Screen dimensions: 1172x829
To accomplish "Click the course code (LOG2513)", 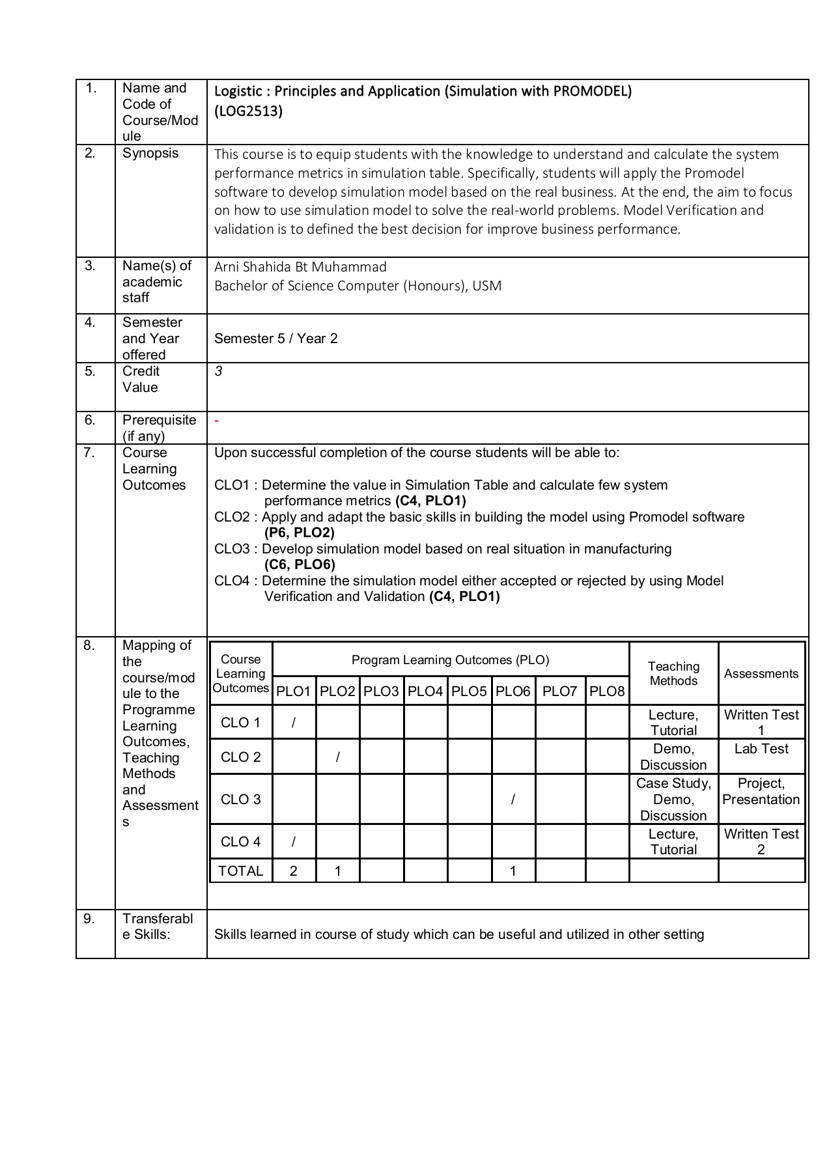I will coord(248,111).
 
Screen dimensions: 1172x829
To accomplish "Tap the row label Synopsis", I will coord(150,153).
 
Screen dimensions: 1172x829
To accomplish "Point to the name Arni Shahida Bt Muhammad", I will coord(300,267).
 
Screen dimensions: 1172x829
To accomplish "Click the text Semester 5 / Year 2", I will coord(275,339).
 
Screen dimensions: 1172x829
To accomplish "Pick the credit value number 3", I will coord(219,371).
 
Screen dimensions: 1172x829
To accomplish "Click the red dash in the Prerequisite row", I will coord(217,421).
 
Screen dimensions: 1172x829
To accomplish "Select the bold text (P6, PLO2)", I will coord(300,533).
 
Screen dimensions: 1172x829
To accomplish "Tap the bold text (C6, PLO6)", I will coord(300,565).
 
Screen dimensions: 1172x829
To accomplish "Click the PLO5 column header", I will coord(469,691).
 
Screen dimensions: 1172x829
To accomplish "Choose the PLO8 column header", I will coord(607,691).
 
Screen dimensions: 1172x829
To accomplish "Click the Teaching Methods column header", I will coord(673,673).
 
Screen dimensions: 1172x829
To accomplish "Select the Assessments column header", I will coord(761,674).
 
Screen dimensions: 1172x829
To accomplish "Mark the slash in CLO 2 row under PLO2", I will coord(337,757).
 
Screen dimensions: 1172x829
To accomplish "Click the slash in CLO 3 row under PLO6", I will coord(513,800).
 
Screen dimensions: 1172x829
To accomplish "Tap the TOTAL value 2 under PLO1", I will coord(294,871).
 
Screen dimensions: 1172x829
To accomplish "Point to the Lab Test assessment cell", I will coord(761,749).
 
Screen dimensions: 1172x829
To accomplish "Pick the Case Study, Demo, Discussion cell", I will coord(673,800).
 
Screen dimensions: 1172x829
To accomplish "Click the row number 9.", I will coord(89,919).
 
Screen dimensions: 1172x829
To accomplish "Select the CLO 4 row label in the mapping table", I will coord(240,842).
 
